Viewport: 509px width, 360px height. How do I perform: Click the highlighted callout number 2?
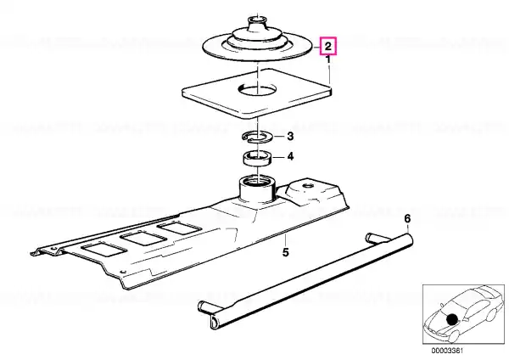coord(328,46)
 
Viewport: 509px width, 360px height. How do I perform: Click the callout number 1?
coord(328,59)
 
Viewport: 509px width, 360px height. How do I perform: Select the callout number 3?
coord(290,136)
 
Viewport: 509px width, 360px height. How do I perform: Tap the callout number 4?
coord(290,156)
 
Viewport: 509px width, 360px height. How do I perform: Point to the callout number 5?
coord(285,252)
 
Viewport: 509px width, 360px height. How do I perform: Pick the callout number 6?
coord(407,219)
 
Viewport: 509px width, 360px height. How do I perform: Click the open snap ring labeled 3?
coord(258,137)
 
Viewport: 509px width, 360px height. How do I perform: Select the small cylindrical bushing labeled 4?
coord(258,159)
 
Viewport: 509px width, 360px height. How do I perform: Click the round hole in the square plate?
coord(258,89)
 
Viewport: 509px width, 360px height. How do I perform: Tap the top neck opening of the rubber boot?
coord(257,20)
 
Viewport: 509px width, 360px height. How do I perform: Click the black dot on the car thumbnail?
coord(451,319)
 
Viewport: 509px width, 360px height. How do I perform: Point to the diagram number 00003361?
coord(447,351)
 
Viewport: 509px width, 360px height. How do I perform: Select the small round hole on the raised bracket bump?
coord(308,186)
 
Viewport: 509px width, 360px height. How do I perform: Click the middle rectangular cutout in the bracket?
coord(143,239)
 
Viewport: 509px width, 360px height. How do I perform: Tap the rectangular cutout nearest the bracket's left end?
coord(103,251)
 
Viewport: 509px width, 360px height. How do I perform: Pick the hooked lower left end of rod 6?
coord(215,322)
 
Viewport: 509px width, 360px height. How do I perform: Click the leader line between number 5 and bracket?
coord(285,239)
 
